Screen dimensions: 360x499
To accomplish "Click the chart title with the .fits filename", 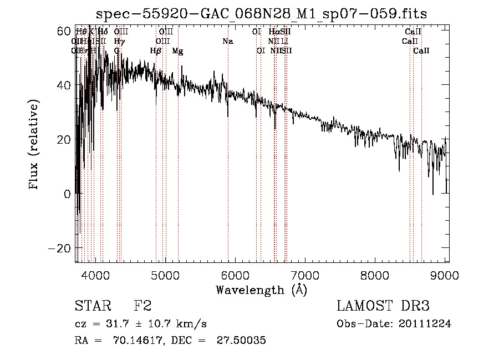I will click(261, 14).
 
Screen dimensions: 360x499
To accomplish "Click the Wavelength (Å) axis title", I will click(261, 290).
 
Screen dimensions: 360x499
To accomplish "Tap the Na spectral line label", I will click(228, 41).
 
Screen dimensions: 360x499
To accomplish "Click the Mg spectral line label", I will click(177, 51).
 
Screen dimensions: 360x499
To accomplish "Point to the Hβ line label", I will click(156, 51).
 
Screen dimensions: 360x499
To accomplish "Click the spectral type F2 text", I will click(142, 306).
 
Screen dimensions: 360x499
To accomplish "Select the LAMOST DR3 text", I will click(383, 306).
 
